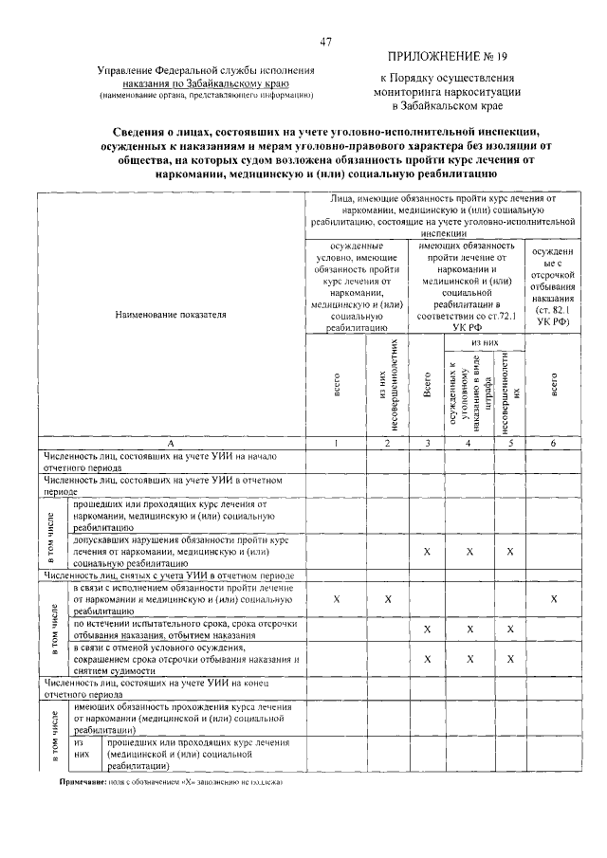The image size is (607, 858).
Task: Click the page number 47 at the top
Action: [x=325, y=42]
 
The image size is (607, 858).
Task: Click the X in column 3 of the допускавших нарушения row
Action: [x=427, y=551]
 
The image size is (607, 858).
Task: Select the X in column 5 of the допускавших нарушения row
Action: [x=510, y=551]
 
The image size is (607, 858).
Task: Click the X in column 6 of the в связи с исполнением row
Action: [x=554, y=599]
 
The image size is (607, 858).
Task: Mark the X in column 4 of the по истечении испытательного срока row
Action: [x=469, y=630]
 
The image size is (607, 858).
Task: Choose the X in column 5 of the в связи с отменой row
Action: [x=510, y=660]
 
